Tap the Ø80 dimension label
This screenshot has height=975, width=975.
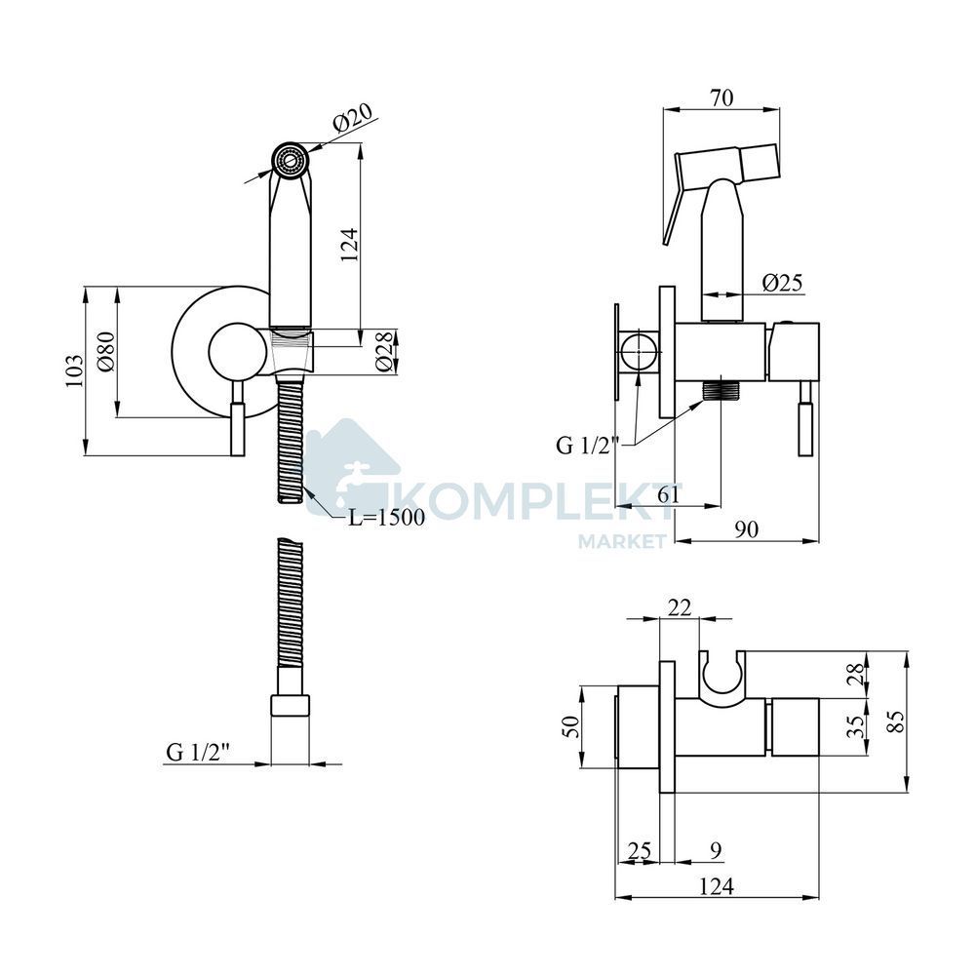click(106, 352)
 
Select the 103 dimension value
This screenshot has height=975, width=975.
click(74, 371)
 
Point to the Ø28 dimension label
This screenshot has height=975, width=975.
click(385, 352)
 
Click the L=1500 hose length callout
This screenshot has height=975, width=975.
click(386, 517)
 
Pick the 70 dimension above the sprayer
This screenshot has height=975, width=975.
click(721, 97)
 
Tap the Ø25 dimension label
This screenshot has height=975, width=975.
click(783, 283)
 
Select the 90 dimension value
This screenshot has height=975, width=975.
click(746, 529)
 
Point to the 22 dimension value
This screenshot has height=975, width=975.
click(679, 606)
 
